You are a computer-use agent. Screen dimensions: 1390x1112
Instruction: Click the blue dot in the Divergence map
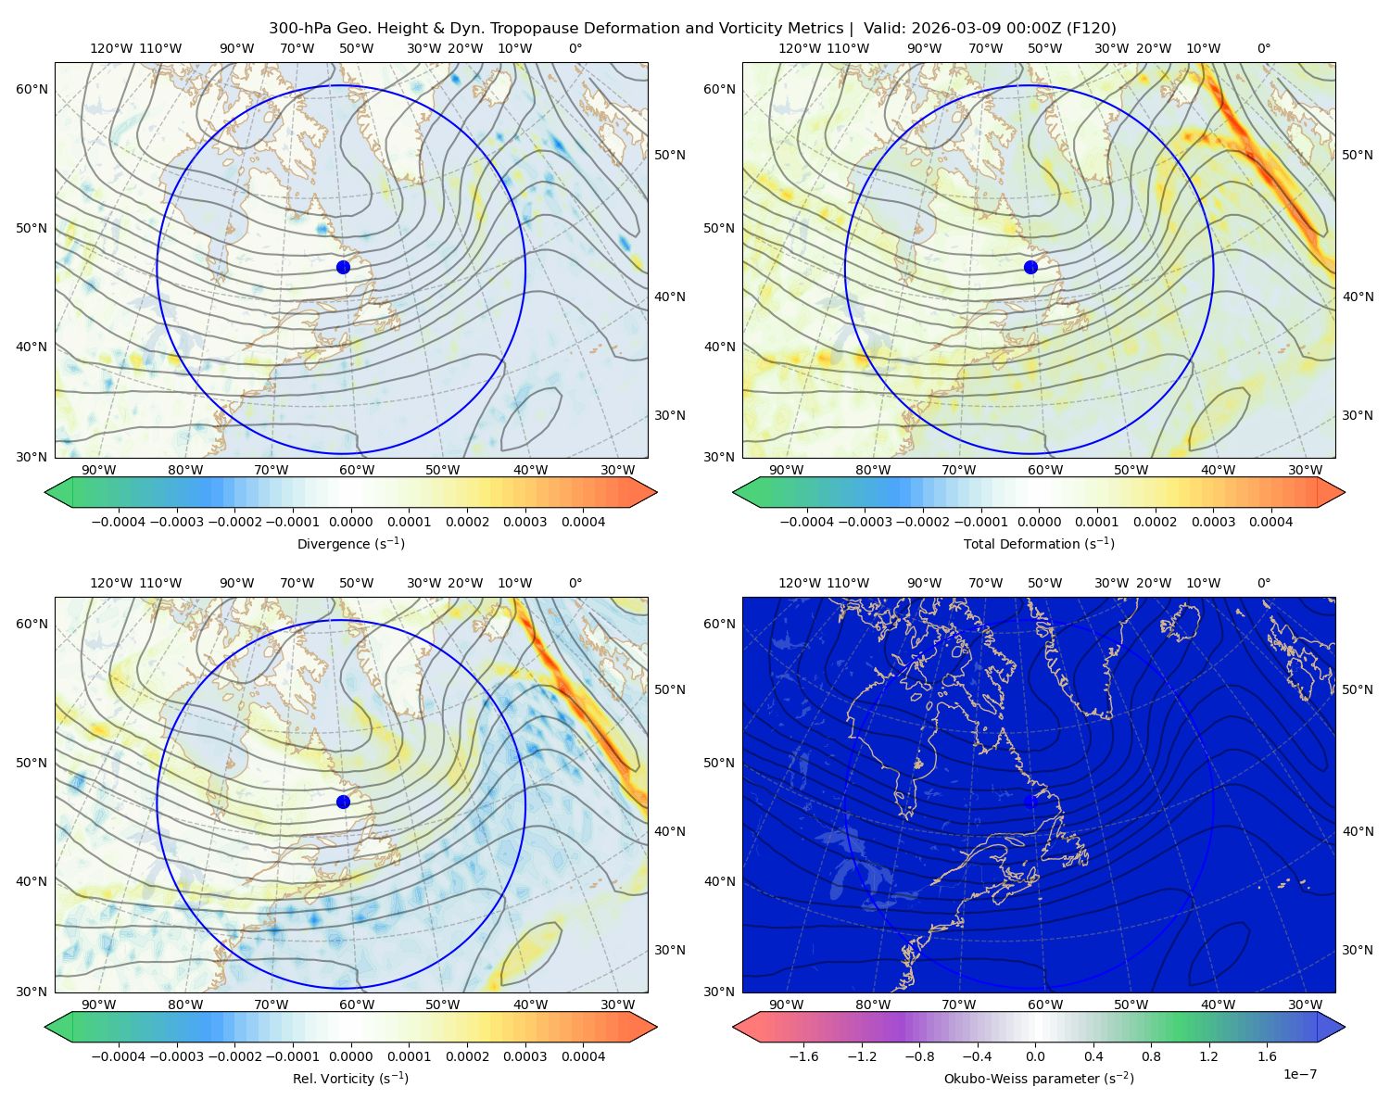coord(343,267)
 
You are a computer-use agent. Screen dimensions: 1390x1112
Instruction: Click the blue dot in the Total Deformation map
coord(1030,267)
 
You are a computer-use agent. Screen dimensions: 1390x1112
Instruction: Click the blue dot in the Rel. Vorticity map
coord(343,802)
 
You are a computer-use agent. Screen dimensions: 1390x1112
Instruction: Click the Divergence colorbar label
coord(350,543)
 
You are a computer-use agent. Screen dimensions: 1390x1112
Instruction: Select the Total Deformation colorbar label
coord(1039,543)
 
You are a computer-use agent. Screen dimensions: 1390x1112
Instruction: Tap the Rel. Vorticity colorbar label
coord(350,1078)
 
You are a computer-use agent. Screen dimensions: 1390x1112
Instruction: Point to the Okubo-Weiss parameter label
coord(1039,1078)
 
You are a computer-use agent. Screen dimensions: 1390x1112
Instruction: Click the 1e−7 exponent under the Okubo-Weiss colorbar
coord(1299,1074)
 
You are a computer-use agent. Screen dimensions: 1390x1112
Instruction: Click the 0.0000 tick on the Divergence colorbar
coord(350,522)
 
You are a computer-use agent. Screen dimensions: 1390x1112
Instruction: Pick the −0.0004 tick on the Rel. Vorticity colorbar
coord(119,1056)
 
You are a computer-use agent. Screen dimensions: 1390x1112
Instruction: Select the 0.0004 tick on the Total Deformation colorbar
coord(1270,522)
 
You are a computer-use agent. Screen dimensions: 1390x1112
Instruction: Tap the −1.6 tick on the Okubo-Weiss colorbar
coord(804,1056)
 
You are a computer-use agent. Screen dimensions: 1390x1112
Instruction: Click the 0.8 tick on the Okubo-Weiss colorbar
coord(1151,1056)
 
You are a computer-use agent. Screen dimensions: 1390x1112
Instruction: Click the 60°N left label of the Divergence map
coord(32,89)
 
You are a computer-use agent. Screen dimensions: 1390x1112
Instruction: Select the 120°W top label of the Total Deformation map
coord(799,48)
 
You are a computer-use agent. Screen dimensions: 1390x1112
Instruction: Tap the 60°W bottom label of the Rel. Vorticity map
coord(357,1005)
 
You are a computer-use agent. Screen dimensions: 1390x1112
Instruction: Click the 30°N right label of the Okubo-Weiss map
coord(1358,950)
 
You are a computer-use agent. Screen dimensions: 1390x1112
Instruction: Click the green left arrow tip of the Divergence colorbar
coord(45,492)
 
